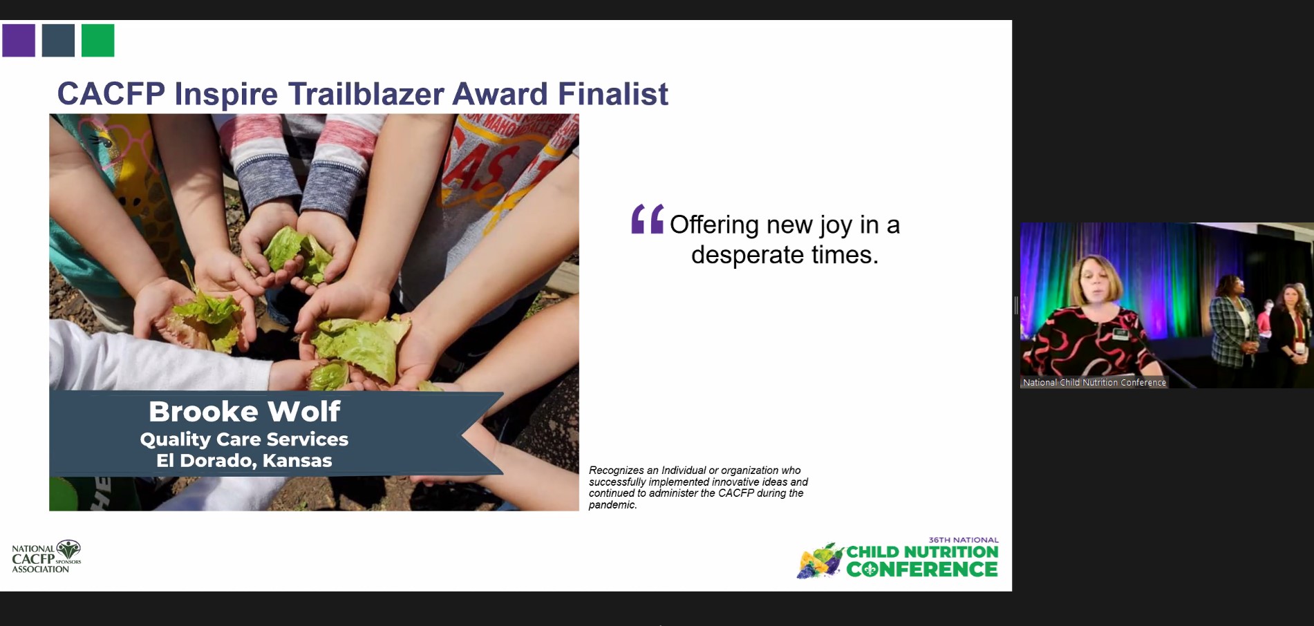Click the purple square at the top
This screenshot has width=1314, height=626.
coord(19,40)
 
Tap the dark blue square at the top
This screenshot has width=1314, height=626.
coord(58,40)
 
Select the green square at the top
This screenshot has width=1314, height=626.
coord(97,40)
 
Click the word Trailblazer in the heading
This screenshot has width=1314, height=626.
coord(366,94)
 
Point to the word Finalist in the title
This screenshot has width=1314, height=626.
coord(612,94)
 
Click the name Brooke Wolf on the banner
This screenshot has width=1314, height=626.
coord(245,412)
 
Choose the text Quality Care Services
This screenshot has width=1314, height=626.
coord(244,439)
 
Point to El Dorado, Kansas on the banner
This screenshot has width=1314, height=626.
coord(244,461)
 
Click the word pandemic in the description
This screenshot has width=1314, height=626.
coord(612,505)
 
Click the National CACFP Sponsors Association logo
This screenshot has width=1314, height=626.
coord(46,557)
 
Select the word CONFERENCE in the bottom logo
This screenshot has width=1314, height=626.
coord(922,569)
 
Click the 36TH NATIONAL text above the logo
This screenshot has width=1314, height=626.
coord(964,540)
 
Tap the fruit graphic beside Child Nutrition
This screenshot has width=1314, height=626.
coord(820,560)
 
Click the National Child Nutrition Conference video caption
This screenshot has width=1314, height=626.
coord(1094,382)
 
